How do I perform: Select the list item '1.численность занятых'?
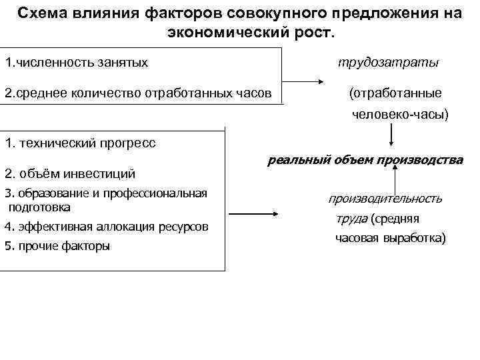(76, 63)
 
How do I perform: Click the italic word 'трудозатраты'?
(387, 63)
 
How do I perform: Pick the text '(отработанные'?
(395, 93)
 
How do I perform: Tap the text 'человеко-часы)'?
(400, 115)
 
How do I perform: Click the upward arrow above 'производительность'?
(395, 179)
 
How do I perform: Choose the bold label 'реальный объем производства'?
(365, 160)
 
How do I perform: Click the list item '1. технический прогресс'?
(80, 143)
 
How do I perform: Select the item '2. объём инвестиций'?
(70, 175)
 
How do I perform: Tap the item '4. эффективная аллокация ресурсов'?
(106, 227)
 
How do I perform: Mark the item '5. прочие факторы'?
(57, 246)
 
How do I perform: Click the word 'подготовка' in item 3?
(39, 207)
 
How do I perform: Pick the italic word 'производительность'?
(385, 199)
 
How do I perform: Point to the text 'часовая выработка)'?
(390, 238)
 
